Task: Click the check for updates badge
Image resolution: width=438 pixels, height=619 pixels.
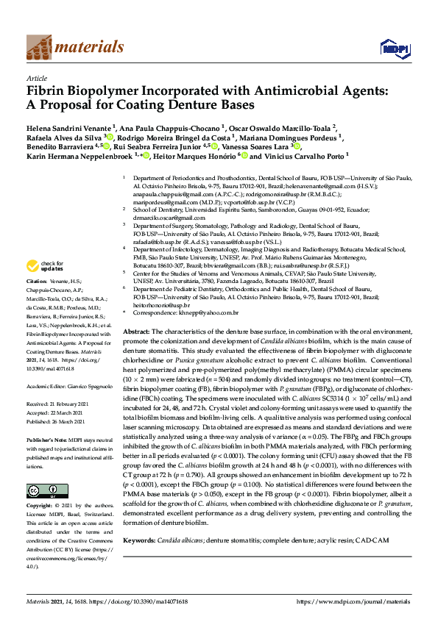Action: pyautogui.click(x=46, y=265)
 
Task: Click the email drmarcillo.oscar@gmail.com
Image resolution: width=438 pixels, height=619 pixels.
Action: pyautogui.click(x=169, y=218)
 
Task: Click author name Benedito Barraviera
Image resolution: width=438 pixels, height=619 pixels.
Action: pyautogui.click(x=61, y=147)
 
